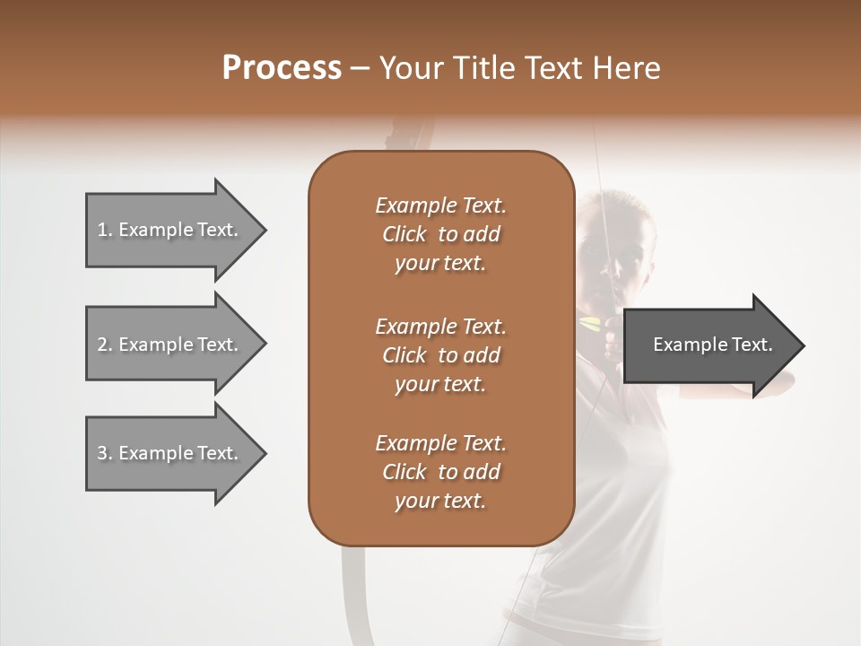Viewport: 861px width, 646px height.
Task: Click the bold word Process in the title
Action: (x=282, y=68)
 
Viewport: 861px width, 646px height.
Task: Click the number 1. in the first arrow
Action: (x=105, y=230)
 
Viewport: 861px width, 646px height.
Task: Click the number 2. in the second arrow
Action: (x=105, y=345)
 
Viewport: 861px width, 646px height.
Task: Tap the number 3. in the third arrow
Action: (x=105, y=453)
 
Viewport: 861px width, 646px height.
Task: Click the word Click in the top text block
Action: (x=404, y=235)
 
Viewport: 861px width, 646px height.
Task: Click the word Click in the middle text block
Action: (x=404, y=355)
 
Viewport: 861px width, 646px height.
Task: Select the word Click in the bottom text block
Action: (x=404, y=472)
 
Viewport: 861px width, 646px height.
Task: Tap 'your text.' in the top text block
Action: (x=440, y=264)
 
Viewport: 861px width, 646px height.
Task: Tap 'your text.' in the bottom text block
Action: (x=440, y=502)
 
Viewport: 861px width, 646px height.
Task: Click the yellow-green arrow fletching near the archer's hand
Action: (x=591, y=322)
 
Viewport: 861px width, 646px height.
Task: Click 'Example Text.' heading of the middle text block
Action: (x=440, y=326)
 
